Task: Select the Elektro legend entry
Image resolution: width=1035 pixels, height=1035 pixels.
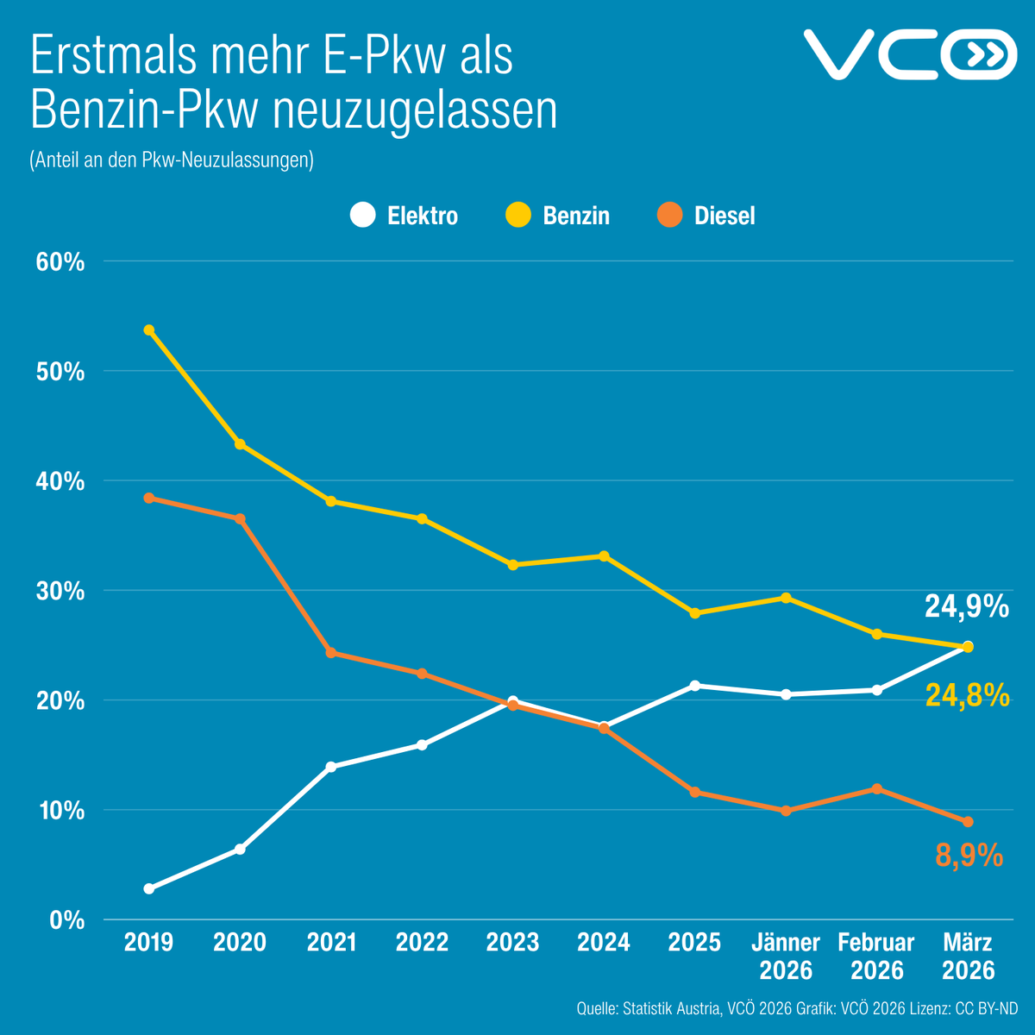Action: point(405,215)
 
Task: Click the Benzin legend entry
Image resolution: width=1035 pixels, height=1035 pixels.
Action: point(558,215)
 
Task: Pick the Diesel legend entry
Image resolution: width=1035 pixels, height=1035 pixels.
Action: point(706,215)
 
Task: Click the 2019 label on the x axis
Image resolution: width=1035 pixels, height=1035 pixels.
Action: point(148,942)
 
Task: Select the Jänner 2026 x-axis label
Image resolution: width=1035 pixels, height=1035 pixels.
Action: point(786,956)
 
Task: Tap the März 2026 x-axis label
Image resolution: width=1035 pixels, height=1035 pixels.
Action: point(968,956)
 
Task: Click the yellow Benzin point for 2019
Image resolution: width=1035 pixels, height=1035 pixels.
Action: point(149,330)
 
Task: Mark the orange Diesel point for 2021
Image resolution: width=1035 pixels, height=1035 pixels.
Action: point(331,653)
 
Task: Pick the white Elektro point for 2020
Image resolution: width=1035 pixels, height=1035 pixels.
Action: point(240,850)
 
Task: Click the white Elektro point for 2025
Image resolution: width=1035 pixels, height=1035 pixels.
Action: point(695,686)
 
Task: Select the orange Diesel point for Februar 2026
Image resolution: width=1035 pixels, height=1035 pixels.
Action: point(877,788)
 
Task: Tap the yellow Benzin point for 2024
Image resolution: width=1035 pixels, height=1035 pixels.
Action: point(604,556)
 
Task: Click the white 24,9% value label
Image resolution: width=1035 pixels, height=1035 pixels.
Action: point(967,607)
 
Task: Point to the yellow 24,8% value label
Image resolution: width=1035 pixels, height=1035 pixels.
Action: point(967,695)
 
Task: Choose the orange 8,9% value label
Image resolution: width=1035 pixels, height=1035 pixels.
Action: point(969,856)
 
